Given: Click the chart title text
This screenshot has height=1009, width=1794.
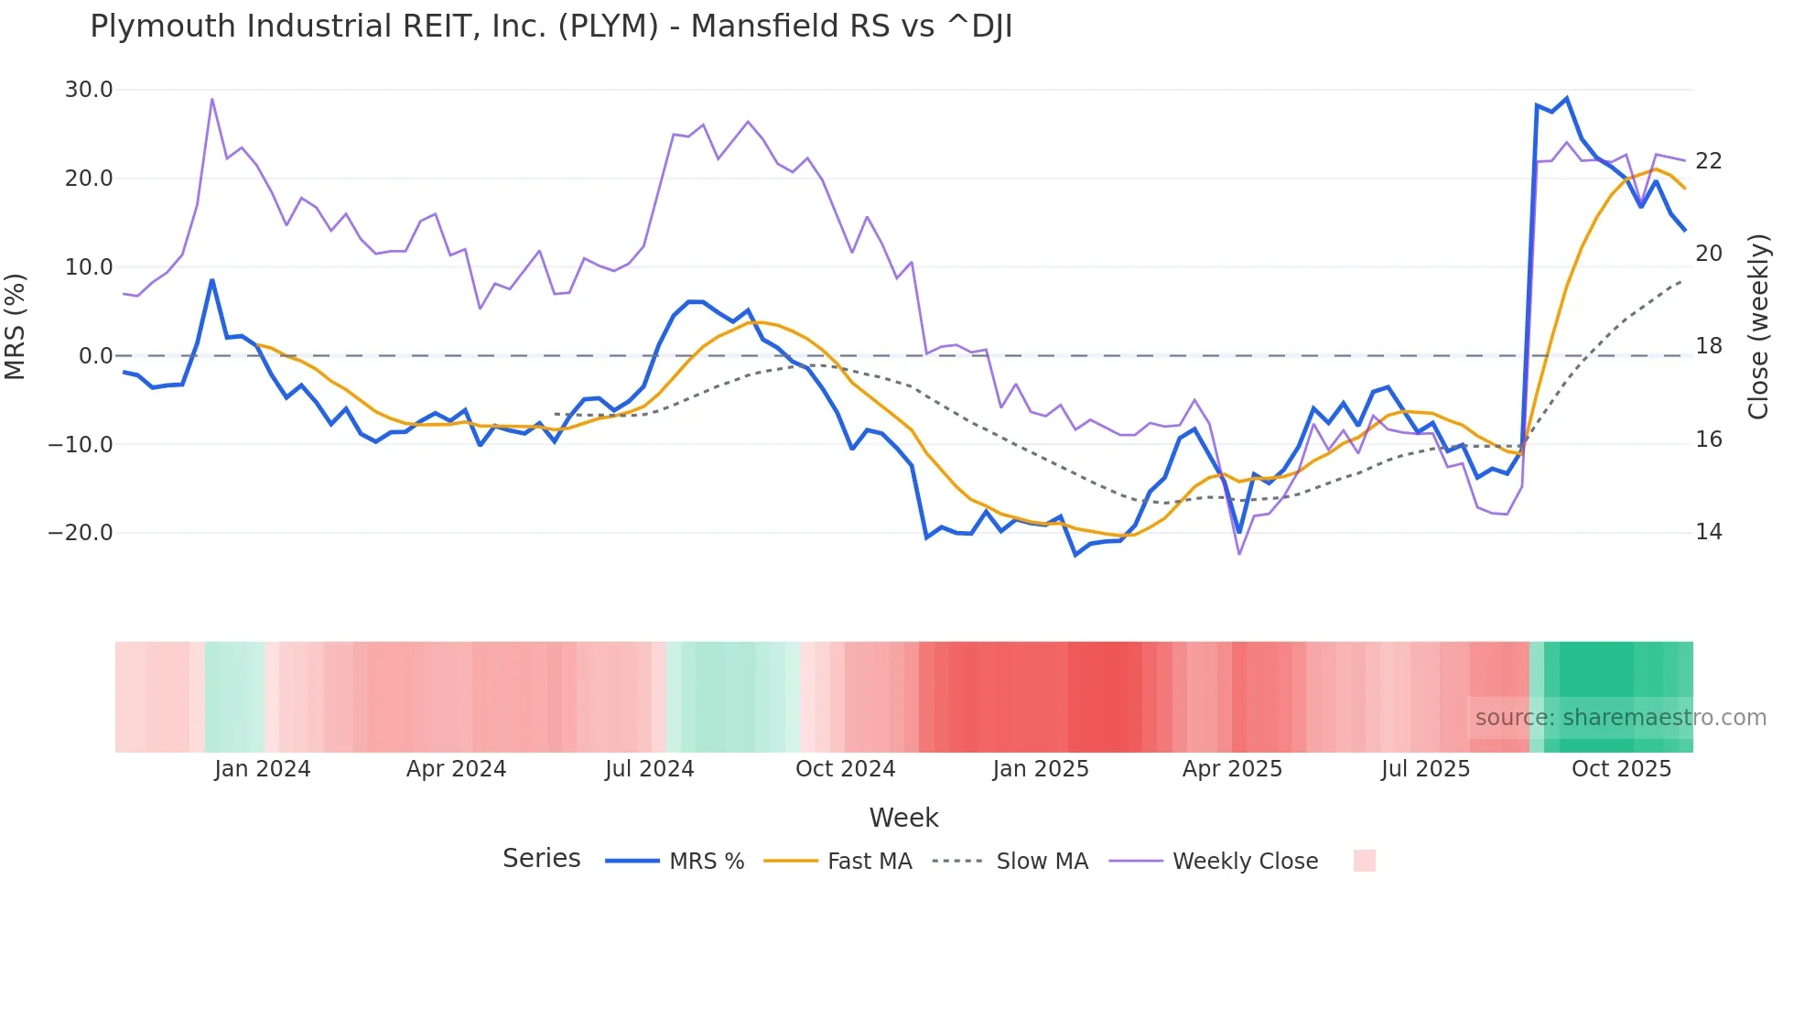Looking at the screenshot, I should (x=551, y=27).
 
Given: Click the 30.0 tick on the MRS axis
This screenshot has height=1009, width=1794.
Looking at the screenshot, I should (x=89, y=90).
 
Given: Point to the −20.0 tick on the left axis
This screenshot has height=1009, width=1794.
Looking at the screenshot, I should (x=81, y=533).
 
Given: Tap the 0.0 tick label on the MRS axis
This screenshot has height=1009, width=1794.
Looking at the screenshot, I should (x=96, y=356).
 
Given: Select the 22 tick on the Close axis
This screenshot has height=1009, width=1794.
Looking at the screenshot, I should (x=1708, y=161).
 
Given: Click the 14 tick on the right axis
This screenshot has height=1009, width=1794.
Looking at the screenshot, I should (x=1708, y=532).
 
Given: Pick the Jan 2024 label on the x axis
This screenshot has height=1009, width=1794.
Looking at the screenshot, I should (x=263, y=769).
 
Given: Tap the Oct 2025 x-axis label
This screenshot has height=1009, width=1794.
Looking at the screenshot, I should (x=1621, y=769).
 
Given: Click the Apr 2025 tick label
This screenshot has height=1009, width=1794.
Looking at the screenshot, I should (x=1232, y=769).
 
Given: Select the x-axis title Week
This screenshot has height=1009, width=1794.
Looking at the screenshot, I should (x=903, y=818).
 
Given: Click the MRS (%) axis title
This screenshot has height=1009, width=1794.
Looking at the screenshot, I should (x=16, y=326).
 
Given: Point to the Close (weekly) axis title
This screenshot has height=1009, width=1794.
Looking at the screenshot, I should (x=1758, y=327).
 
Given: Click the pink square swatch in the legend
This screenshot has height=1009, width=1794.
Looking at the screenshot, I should (x=1364, y=861).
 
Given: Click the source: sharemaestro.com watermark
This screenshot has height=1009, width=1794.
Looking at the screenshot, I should (x=1620, y=718).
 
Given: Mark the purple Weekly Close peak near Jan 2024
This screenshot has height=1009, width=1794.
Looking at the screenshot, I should (x=212, y=99).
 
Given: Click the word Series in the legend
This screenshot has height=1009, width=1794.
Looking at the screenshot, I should (x=541, y=859).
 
